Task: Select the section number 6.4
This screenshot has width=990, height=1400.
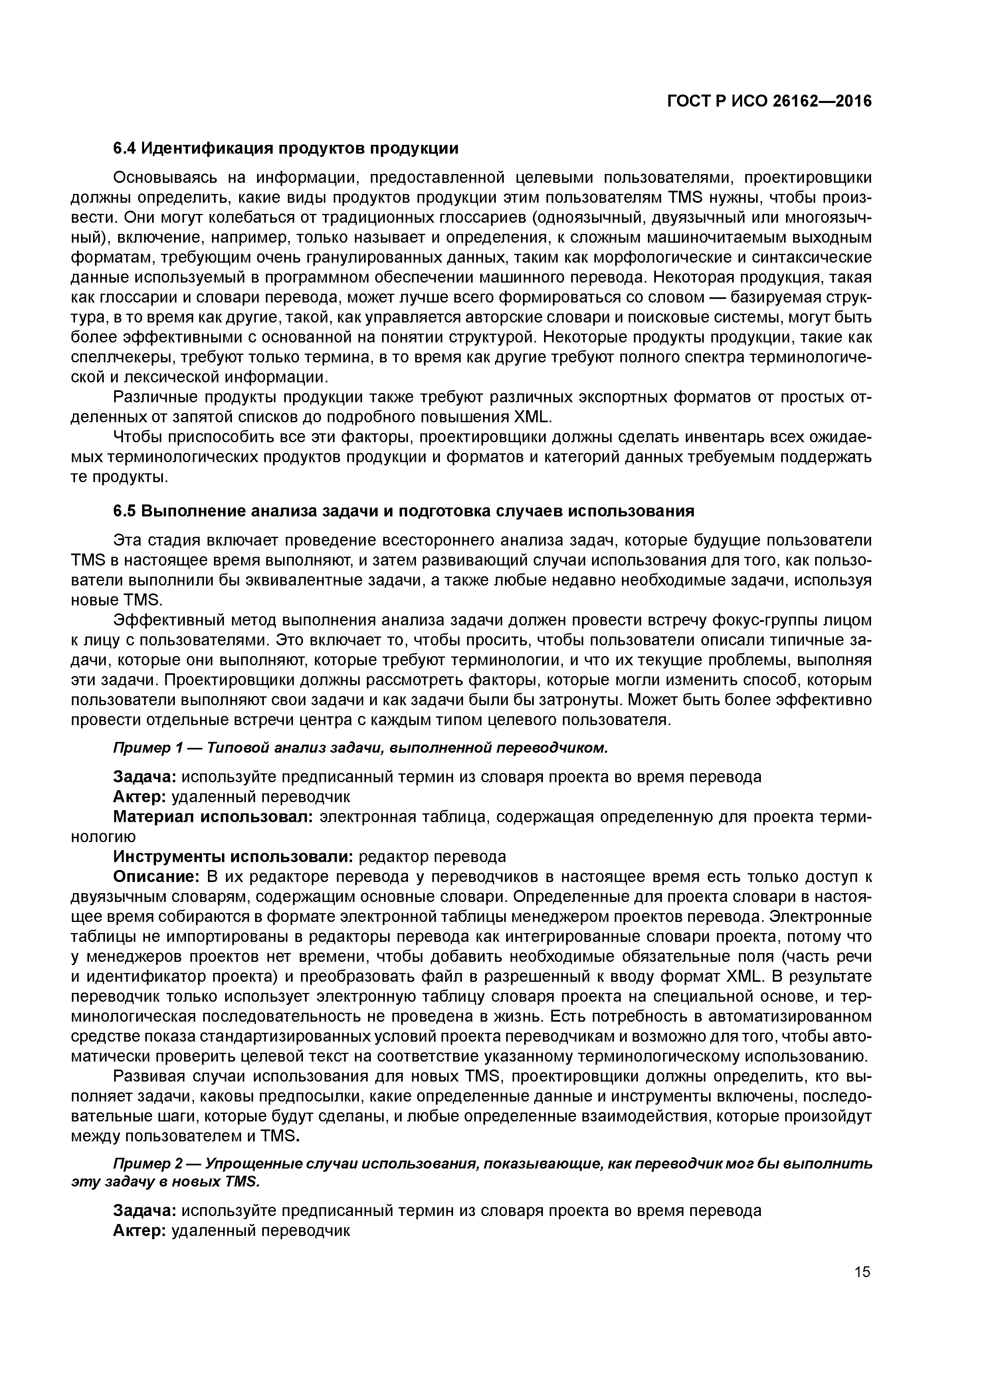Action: (x=126, y=148)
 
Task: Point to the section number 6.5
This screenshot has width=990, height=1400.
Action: (x=126, y=511)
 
